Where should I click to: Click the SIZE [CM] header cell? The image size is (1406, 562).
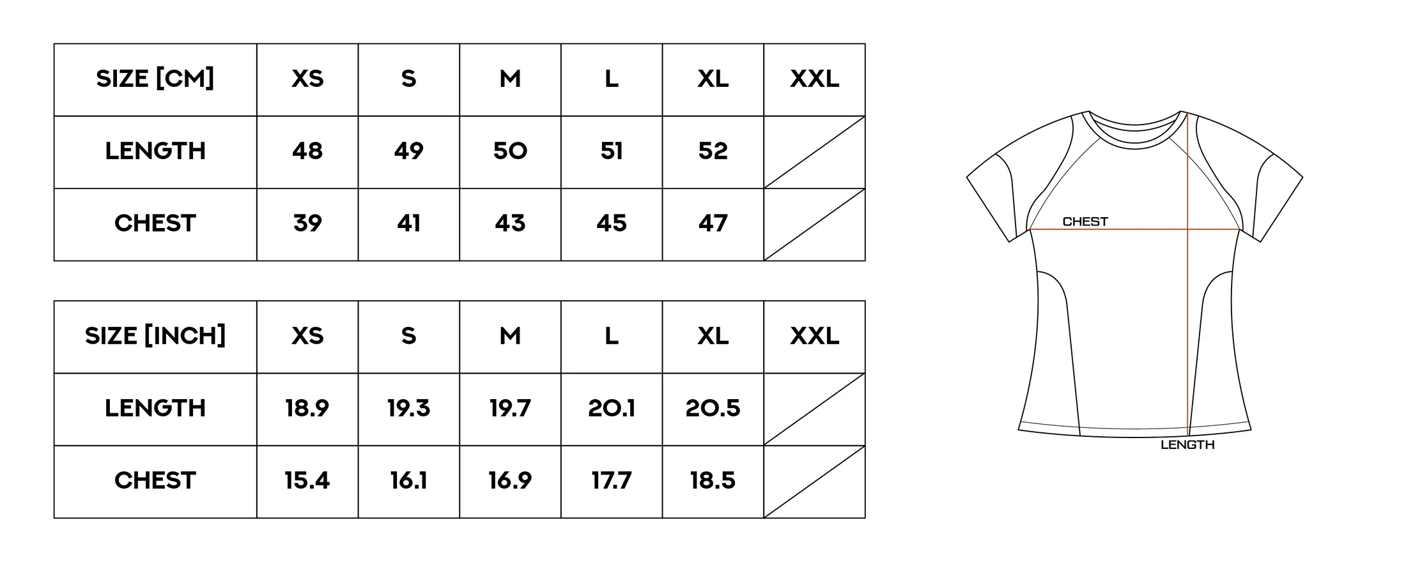(155, 79)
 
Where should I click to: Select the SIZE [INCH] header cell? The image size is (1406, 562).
(155, 337)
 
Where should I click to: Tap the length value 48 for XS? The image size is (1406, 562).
(307, 151)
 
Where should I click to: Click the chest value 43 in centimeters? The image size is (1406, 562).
(510, 224)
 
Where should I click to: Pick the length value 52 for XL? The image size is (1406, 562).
(713, 151)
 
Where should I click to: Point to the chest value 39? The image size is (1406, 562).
(307, 224)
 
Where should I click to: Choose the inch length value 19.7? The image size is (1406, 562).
(510, 409)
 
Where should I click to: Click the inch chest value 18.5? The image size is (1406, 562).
(713, 481)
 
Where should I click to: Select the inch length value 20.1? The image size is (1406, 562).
(612, 409)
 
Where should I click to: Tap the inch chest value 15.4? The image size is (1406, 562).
(307, 481)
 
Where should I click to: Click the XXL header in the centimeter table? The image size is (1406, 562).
(815, 79)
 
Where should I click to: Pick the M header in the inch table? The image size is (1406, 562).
(510, 337)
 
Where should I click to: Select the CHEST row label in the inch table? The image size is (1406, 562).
(155, 481)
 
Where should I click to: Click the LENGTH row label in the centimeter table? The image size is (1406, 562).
(155, 151)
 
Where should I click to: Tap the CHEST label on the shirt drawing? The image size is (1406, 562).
(1085, 222)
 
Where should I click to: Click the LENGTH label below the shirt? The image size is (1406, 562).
(1187, 445)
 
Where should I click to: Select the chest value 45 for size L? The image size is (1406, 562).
(612, 224)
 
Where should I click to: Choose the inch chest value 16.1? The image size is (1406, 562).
(409, 481)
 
